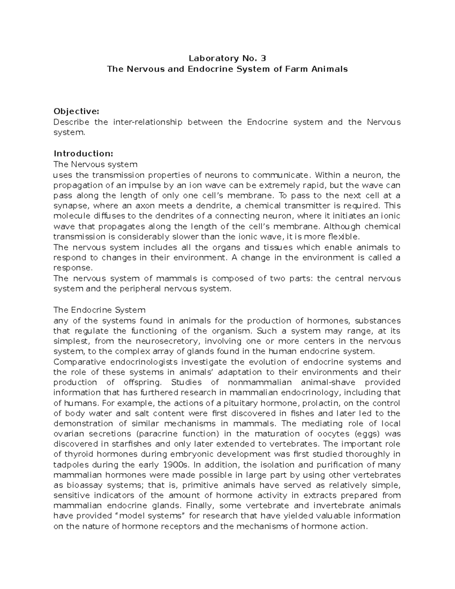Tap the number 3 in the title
click(264, 58)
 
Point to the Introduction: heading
click(83, 154)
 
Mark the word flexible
click(344, 237)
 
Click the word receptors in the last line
click(183, 526)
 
